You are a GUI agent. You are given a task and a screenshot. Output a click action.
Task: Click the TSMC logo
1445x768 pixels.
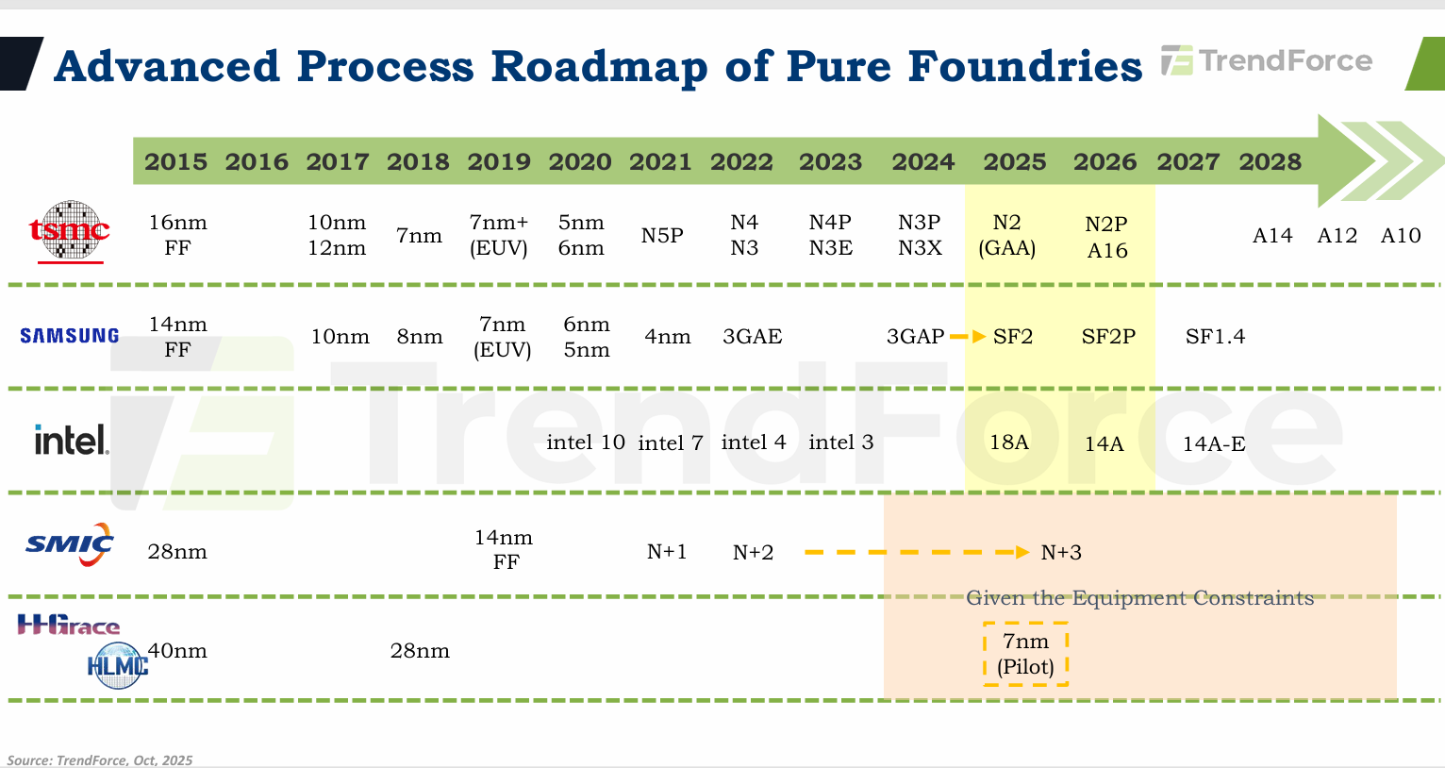[x=69, y=231]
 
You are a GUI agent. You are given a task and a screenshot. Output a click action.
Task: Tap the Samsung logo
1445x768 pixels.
[x=70, y=336]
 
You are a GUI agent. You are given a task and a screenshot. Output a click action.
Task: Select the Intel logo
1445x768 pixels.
[x=72, y=440]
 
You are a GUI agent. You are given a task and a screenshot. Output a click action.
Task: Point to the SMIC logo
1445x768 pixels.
[x=70, y=544]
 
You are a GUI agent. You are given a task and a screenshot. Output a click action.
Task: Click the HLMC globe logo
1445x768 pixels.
[x=118, y=665]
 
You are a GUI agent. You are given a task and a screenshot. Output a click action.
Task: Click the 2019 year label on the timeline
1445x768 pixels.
[x=499, y=162]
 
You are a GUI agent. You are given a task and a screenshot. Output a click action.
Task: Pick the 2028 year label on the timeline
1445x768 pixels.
[x=1270, y=162]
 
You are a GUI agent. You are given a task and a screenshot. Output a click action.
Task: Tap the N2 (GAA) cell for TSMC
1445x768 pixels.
[x=1007, y=235]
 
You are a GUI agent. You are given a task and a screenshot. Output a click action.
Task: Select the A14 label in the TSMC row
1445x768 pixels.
[x=1272, y=236]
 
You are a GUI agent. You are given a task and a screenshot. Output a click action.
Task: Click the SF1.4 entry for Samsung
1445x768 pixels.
[x=1215, y=337]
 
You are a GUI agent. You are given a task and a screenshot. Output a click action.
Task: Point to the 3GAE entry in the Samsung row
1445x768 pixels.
[x=752, y=337]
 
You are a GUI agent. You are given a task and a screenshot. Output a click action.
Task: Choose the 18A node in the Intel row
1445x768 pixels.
[x=1009, y=442]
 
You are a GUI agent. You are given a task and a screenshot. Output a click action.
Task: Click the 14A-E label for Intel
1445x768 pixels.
[x=1214, y=443]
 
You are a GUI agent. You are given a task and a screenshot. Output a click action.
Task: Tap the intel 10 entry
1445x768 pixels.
[x=586, y=442]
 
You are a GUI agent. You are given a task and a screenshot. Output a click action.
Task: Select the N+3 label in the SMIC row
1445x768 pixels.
[x=1061, y=553]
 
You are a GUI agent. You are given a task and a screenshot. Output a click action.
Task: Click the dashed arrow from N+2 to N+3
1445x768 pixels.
[x=915, y=552]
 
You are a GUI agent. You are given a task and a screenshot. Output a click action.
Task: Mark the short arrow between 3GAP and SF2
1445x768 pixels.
[x=967, y=337]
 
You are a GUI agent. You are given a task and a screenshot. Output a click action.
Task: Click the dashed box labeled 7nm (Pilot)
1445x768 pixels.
[x=1025, y=654]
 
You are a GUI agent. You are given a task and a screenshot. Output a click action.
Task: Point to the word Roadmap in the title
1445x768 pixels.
[x=599, y=66]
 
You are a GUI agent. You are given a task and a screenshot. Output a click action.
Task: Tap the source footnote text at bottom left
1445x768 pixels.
[x=100, y=760]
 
